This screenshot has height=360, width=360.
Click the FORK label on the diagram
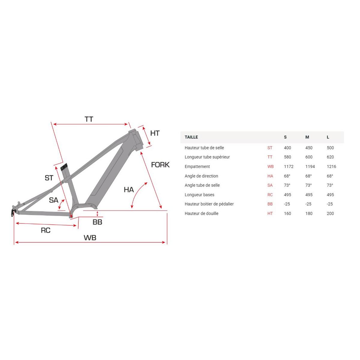click(x=160, y=165)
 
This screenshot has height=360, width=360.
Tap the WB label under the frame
click(x=90, y=238)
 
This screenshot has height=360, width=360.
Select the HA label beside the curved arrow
click(x=129, y=190)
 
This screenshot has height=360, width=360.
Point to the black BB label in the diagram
click(x=97, y=222)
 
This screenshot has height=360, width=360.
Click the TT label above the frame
click(x=89, y=119)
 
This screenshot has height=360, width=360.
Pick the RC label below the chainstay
click(x=46, y=230)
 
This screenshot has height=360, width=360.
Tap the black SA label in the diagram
click(x=54, y=200)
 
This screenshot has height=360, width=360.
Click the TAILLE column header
click(x=191, y=137)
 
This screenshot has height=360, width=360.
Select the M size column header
click(x=307, y=137)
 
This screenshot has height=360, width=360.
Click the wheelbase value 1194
click(x=310, y=166)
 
